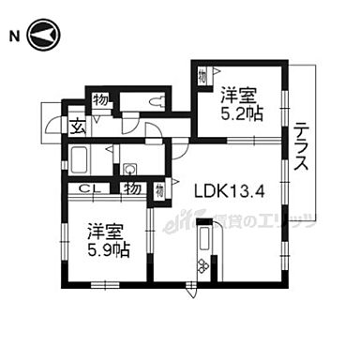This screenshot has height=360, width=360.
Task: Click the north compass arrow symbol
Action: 43,36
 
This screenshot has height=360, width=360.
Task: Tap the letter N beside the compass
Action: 13,37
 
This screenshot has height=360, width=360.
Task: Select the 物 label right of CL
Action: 134,188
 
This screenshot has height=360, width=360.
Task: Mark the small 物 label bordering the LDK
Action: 160,189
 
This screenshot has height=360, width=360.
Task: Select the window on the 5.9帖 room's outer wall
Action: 103,284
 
